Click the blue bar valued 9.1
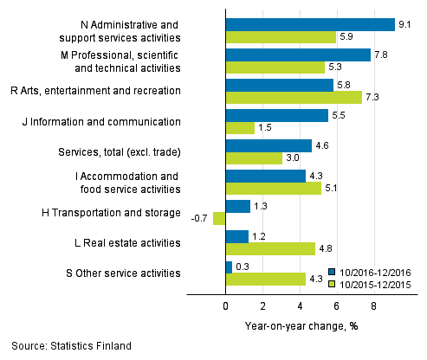pyautogui.click(x=309, y=25)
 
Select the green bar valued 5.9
pyautogui.click(x=280, y=37)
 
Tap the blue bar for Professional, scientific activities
pyautogui.click(x=297, y=55)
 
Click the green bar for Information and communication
pyautogui.click(x=239, y=128)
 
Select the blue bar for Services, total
pyautogui.click(x=268, y=146)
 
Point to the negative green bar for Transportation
pyautogui.click(x=218, y=218)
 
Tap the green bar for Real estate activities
pyautogui.click(x=269, y=248)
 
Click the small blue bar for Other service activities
pyautogui.click(x=228, y=267)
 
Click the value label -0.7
pyautogui.click(x=198, y=218)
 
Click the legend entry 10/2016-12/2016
pyautogui.click(x=372, y=271)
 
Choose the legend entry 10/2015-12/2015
pyautogui.click(x=372, y=282)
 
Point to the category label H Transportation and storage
pyautogui.click(x=126, y=213)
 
